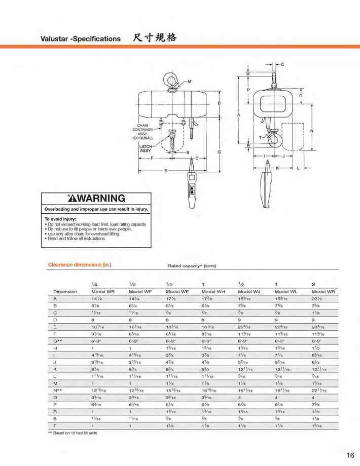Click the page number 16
tap(350, 455)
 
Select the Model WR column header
tap(323, 292)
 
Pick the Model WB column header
tap(102, 292)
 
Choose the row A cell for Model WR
tap(317, 299)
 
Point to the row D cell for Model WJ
tap(239, 321)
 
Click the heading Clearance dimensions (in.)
tap(79, 264)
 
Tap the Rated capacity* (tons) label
tap(192, 265)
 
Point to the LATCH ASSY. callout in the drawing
tap(146, 149)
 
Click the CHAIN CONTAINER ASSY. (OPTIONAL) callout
tap(142, 132)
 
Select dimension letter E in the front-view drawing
tap(165, 171)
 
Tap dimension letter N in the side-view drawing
tap(312, 131)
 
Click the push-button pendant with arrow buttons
tap(193, 190)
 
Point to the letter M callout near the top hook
tap(190, 82)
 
